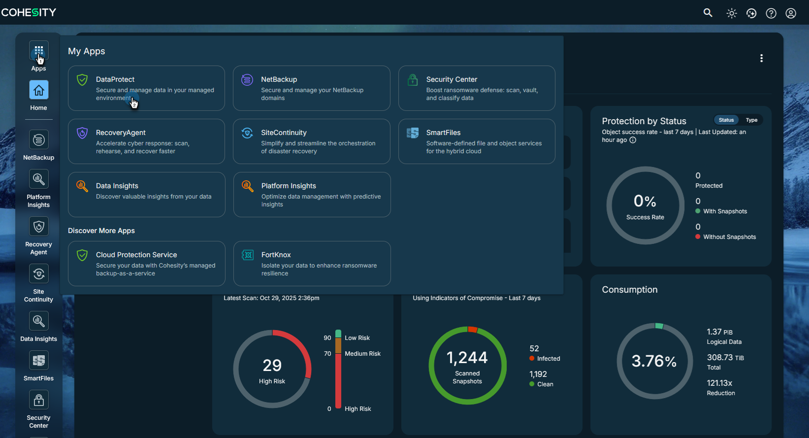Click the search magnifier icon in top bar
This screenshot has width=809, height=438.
(708, 13)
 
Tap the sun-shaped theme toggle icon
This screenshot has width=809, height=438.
(732, 13)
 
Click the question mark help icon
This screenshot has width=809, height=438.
(771, 13)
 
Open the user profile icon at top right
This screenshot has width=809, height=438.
(791, 13)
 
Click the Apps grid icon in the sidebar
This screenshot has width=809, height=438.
(38, 51)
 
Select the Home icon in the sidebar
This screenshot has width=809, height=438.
(38, 90)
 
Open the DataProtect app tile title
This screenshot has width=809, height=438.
(115, 79)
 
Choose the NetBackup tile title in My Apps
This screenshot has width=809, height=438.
(279, 79)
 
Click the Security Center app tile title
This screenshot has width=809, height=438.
(452, 79)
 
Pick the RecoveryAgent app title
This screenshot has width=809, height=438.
(121, 133)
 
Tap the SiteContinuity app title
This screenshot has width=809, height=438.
(284, 133)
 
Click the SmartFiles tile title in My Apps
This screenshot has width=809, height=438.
(443, 133)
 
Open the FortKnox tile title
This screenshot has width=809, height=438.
(276, 255)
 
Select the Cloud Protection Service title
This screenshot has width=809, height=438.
(136, 255)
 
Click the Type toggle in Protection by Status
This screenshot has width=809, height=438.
(751, 120)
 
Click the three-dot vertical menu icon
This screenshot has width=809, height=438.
(761, 58)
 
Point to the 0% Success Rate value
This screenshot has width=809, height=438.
(645, 201)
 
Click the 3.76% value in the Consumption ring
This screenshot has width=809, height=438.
(654, 361)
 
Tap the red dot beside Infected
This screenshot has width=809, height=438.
(532, 359)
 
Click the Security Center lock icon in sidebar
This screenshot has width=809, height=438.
(38, 400)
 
